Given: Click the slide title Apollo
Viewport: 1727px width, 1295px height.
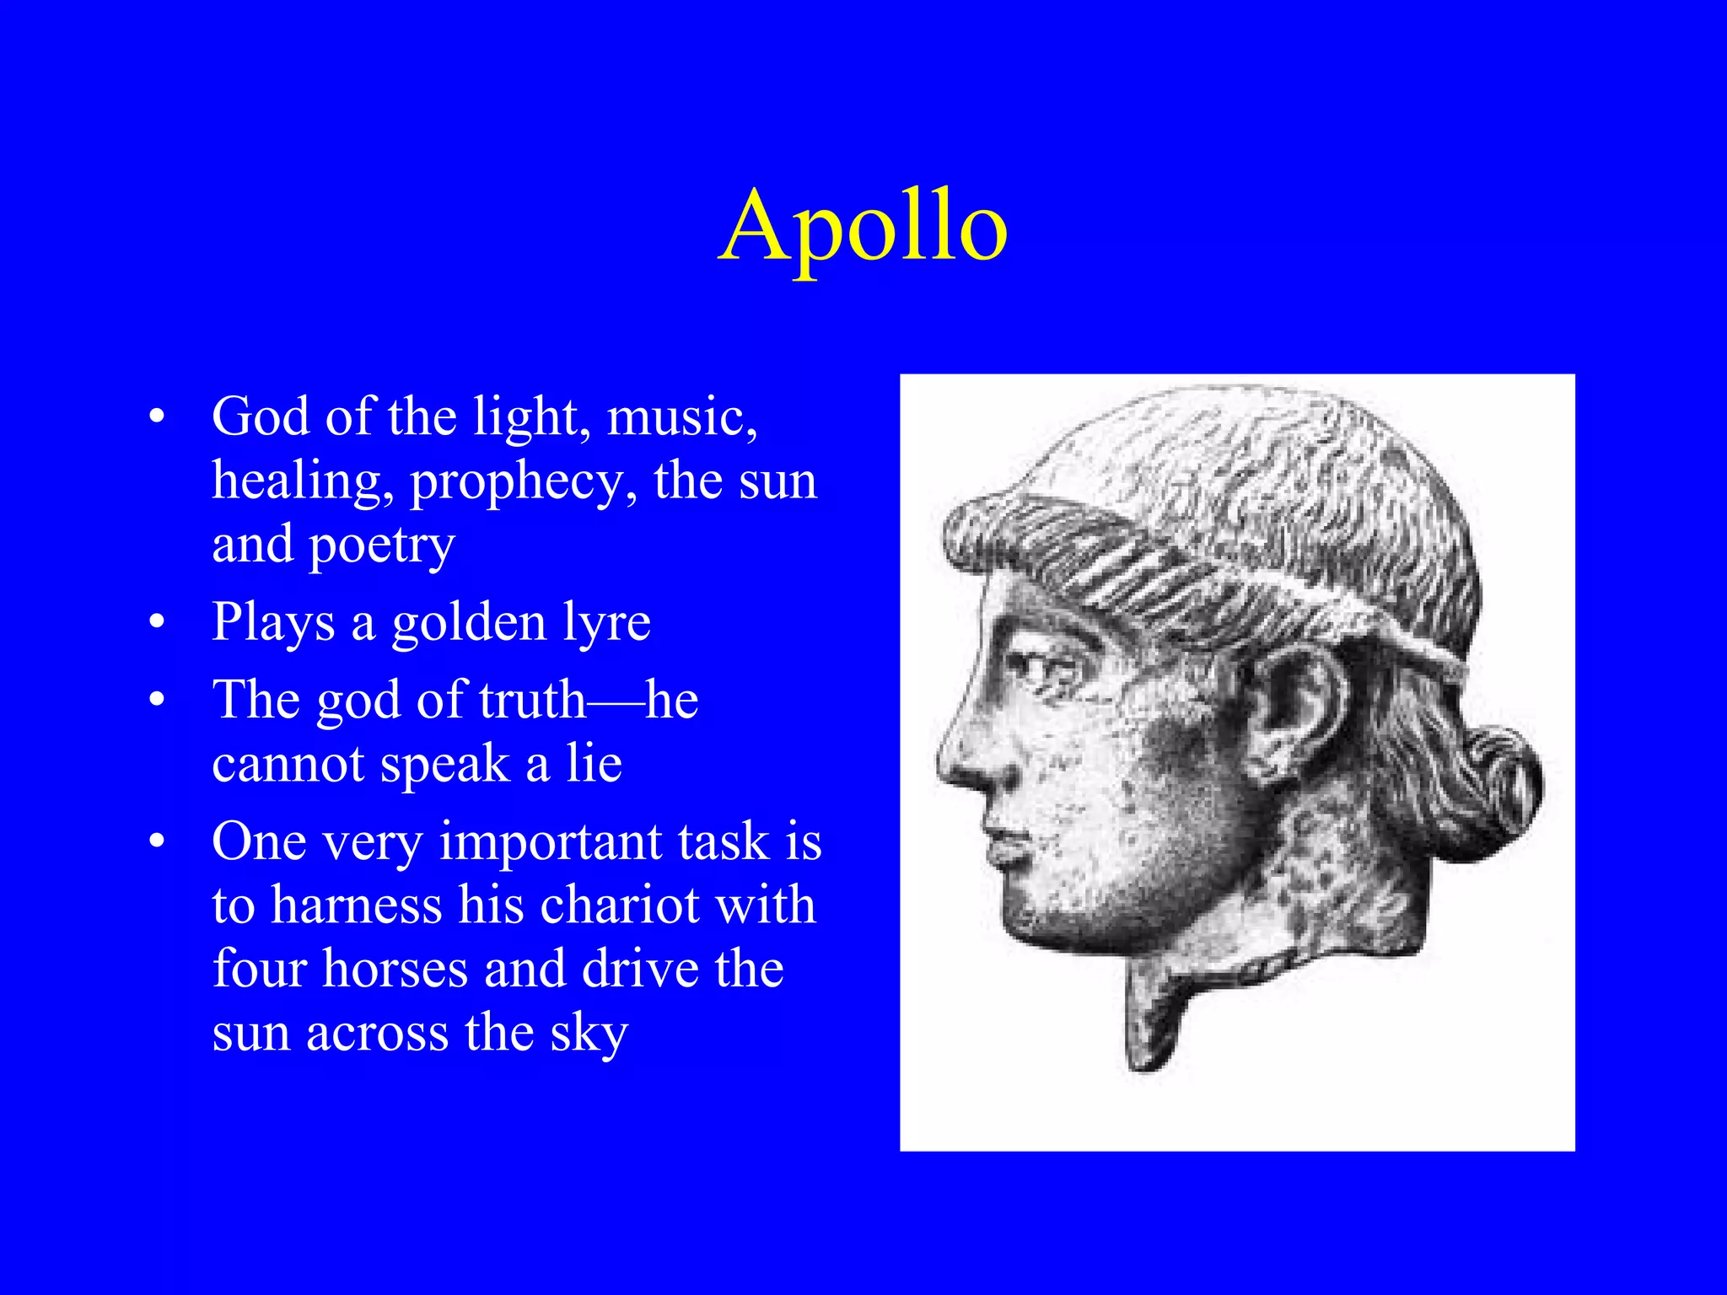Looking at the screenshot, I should point(863,226).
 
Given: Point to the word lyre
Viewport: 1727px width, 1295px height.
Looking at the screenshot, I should point(606,624).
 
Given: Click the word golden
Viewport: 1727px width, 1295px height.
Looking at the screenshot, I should point(469,624).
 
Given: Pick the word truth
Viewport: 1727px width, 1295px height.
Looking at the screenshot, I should point(532,700).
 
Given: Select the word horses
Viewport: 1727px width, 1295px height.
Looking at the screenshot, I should point(395,969).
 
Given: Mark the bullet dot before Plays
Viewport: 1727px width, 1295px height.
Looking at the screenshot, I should point(156,623).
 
